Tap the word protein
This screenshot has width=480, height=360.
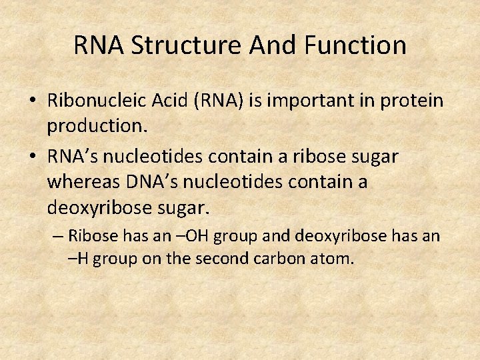point(412,101)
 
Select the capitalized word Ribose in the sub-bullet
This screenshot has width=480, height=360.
point(90,236)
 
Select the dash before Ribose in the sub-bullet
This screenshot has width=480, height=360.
point(59,236)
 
